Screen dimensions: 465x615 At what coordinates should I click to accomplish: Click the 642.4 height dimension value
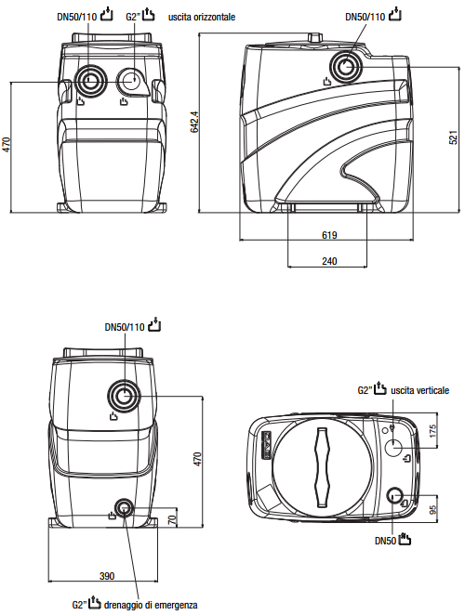[194, 122]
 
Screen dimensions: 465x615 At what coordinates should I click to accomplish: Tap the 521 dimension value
[453, 137]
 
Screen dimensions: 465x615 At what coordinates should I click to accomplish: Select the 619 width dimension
[329, 235]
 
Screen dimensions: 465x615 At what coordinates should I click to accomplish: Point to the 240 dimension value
[329, 261]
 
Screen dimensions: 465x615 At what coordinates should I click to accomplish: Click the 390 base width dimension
[107, 576]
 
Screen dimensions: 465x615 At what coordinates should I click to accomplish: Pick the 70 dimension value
[172, 520]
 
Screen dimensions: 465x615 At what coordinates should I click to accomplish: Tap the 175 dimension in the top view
[432, 431]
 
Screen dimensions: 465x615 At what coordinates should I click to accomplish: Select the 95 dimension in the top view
[432, 509]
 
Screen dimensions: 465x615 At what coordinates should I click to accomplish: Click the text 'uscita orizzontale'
[202, 17]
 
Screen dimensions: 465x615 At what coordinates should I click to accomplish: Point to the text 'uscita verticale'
[419, 390]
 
